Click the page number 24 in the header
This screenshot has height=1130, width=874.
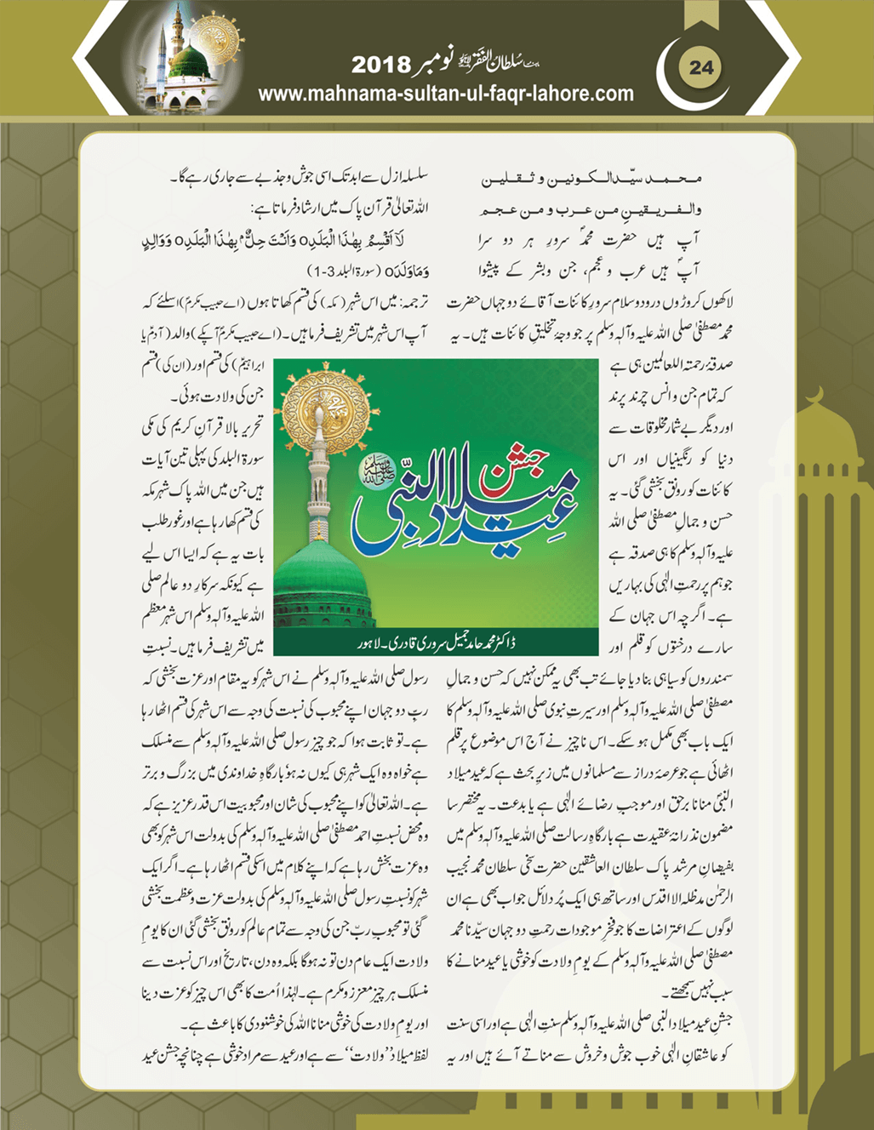701,67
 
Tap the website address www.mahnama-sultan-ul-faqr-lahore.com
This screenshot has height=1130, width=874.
445,94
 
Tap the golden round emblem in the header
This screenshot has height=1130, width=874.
217,39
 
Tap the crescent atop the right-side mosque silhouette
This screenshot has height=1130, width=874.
814,396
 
